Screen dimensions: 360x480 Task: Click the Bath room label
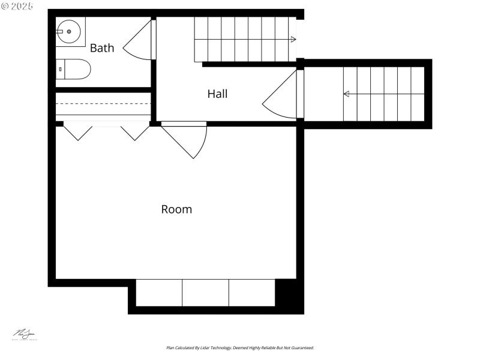(102, 48)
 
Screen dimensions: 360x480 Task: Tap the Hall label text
(217, 94)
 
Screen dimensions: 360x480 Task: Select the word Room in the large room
(176, 209)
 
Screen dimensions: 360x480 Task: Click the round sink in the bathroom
(69, 31)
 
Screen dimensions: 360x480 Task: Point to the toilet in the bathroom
(74, 70)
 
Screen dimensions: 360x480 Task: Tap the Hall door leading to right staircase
(279, 96)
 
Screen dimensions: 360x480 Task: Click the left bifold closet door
(77, 131)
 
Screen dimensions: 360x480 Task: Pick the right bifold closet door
(135, 131)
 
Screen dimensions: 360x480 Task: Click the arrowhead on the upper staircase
(293, 40)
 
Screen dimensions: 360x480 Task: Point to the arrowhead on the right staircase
(346, 94)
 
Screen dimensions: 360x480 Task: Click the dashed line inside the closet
(103, 104)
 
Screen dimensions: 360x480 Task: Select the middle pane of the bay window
(205, 293)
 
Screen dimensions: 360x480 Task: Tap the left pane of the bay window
(159, 293)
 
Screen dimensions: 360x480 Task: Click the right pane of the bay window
(251, 293)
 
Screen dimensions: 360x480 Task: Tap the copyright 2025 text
(17, 6)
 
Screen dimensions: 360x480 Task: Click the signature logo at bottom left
(25, 335)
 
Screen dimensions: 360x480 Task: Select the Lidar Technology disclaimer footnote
(240, 347)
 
